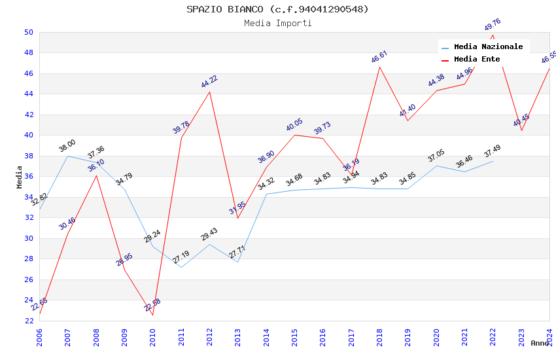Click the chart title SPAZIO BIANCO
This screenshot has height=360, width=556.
(x=277, y=9)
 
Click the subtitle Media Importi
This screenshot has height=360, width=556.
(x=277, y=23)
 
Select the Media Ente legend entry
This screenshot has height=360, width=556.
(x=477, y=59)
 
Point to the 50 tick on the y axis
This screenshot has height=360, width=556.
(x=28, y=32)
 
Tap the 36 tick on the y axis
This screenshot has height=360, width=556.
(x=28, y=176)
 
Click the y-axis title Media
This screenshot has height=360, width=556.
(x=20, y=176)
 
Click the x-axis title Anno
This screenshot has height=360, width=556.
(x=540, y=343)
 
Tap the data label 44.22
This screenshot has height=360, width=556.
(x=209, y=82)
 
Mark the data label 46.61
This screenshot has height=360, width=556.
(x=379, y=57)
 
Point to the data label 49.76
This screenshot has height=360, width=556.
(x=493, y=25)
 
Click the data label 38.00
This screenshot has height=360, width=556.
(x=67, y=146)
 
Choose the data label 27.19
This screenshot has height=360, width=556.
(x=181, y=257)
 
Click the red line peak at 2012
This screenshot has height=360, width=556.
(x=209, y=92)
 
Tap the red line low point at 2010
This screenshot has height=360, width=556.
(x=152, y=315)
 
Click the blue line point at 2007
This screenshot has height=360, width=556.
(x=67, y=156)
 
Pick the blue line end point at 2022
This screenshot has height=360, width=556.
(x=493, y=161)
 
